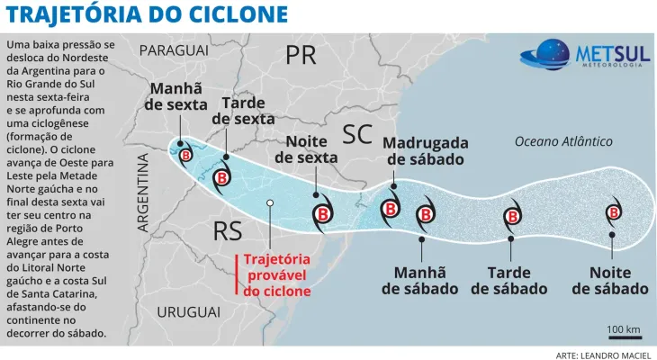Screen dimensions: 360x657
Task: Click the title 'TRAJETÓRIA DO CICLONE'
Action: [x=148, y=15]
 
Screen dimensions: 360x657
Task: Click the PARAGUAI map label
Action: [x=174, y=50]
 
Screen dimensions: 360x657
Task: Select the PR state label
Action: [x=301, y=56]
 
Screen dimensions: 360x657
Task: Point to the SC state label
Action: [x=357, y=135]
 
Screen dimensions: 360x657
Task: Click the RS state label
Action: [x=228, y=231]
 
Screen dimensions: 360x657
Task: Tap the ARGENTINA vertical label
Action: [x=143, y=193]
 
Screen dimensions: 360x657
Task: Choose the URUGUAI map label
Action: [x=188, y=311]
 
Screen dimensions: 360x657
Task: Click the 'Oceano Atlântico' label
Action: [x=563, y=141]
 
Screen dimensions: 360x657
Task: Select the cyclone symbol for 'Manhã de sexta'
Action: [x=184, y=154]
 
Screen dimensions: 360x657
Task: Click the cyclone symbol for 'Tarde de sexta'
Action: [x=221, y=176]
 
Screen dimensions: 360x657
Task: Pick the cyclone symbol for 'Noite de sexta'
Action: [x=321, y=213]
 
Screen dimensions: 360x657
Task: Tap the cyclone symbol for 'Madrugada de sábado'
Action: [x=391, y=209]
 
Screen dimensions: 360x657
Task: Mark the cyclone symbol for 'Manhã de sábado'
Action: [x=425, y=214]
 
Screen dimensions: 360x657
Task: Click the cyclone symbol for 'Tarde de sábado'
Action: [x=511, y=215]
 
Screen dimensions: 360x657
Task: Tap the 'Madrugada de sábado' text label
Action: [x=425, y=150]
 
